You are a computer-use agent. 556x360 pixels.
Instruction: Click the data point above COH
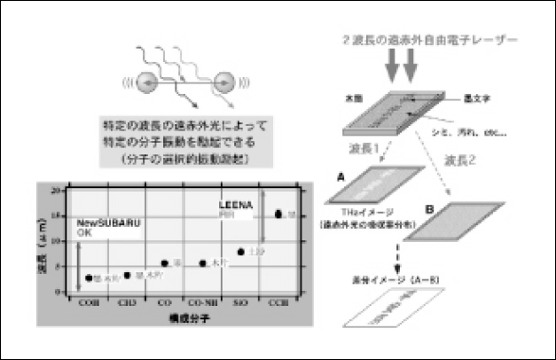87,278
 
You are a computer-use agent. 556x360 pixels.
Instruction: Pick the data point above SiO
241,252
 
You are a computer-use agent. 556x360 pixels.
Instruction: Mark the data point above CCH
279,214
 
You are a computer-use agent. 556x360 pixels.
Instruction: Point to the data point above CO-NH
203,263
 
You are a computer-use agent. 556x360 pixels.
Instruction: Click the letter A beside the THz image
340,176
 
